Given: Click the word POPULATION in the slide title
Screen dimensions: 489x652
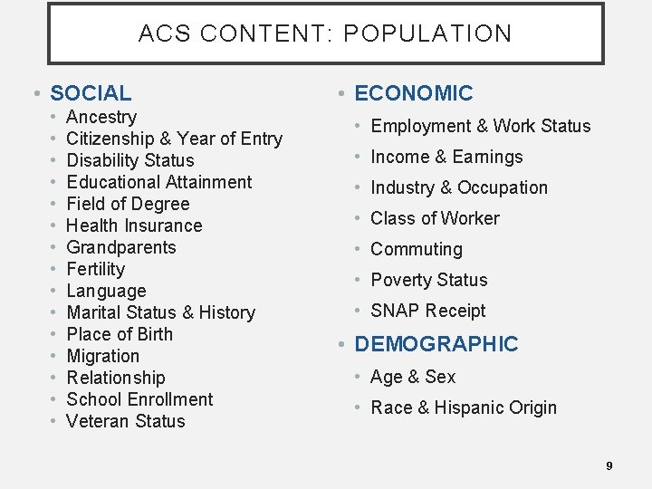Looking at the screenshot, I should coord(427,34).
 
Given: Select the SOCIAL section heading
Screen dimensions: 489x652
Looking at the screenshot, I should coord(91,93).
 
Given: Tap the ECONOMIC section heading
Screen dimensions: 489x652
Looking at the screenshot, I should coord(413,93).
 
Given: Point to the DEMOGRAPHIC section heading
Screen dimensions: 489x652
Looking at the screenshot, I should coord(436,344).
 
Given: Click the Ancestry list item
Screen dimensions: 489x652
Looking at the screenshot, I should coord(101,117).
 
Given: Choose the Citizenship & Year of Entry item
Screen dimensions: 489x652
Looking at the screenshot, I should coord(174,139).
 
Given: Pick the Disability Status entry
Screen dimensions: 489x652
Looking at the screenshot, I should coord(130,160).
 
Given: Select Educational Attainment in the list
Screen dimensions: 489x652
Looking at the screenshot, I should coord(159,182).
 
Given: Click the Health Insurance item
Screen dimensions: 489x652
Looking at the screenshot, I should coord(134,225).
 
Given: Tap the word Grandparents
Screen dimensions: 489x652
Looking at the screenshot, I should coord(121,247).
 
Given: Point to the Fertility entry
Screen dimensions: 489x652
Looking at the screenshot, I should coord(96,269).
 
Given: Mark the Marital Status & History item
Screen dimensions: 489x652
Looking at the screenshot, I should coord(160,312).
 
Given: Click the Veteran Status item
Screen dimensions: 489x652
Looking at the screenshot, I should coord(126,421).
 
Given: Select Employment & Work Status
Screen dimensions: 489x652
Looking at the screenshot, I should coord(480,126).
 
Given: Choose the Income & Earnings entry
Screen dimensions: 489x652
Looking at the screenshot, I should coord(446,157).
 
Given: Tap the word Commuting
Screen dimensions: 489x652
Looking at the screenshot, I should coord(416,249).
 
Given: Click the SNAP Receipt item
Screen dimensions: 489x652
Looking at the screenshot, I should coord(427,311).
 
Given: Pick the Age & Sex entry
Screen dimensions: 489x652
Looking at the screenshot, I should coord(413,377).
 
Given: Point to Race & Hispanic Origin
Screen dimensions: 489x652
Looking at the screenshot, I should coord(464,407).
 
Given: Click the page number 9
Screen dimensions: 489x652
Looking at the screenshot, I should coord(609,465).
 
